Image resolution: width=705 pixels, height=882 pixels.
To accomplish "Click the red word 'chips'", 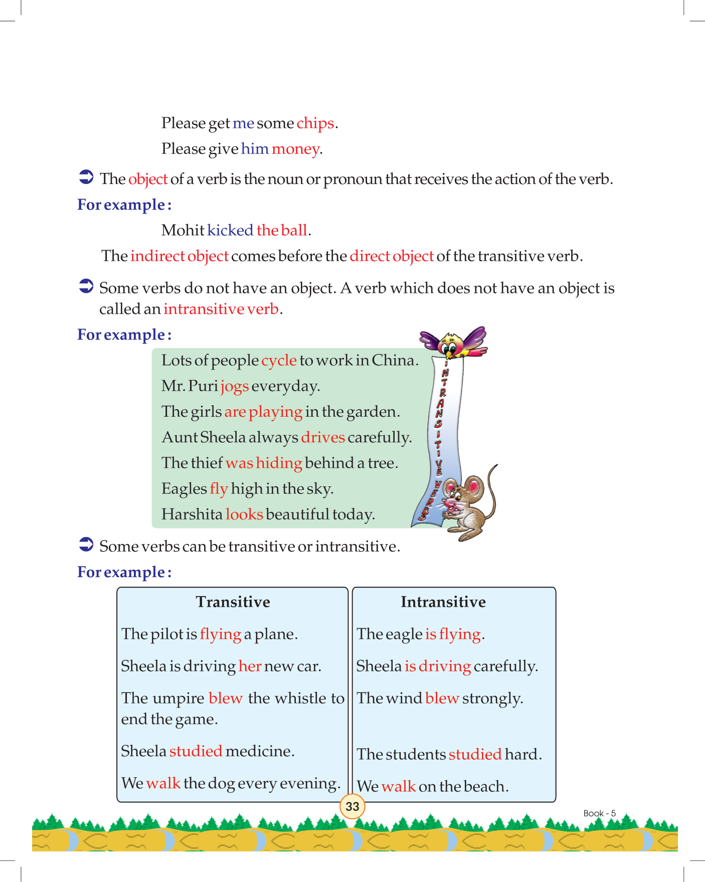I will (315, 123).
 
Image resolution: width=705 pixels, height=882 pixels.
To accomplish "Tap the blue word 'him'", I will (255, 149).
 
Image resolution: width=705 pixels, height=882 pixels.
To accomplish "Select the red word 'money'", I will (295, 149).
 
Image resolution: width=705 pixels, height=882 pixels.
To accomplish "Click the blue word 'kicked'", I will (230, 230).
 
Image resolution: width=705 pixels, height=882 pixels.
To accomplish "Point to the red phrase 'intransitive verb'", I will (221, 309).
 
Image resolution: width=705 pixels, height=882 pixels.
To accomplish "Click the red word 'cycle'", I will (279, 361).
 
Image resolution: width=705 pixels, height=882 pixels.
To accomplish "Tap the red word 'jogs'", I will (235, 386).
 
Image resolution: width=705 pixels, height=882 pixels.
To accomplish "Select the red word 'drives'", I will (323, 437).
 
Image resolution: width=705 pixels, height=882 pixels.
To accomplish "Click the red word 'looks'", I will (244, 514).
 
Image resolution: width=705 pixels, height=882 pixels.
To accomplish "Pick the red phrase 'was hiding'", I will (264, 463).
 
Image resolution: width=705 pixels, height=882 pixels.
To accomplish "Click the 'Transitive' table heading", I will (233, 602).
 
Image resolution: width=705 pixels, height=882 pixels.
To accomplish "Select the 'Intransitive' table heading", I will (443, 602).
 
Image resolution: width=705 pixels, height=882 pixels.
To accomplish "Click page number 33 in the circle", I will (352, 806).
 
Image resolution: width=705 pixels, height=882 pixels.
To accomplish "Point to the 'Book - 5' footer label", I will (599, 813).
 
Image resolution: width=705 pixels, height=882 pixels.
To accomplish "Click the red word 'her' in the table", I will (250, 666).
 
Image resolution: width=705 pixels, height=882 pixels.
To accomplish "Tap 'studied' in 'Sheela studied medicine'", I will (196, 751).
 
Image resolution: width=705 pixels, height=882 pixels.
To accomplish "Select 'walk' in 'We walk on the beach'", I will (398, 786).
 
